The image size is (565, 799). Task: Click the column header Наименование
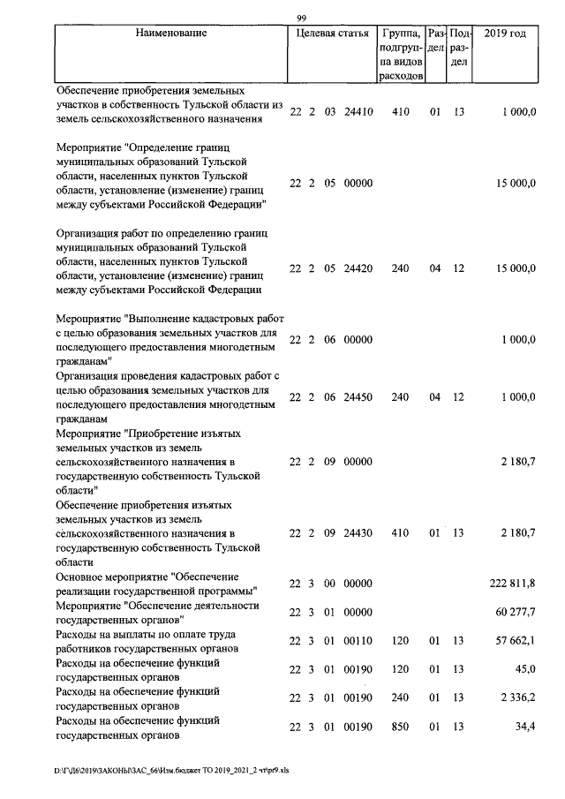click(x=171, y=34)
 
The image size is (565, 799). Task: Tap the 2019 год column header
click(x=506, y=34)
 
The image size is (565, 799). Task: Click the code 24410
click(x=358, y=112)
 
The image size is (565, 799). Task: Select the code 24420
click(x=358, y=268)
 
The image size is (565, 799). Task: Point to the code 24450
click(x=358, y=397)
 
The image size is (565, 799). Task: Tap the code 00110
click(x=358, y=640)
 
